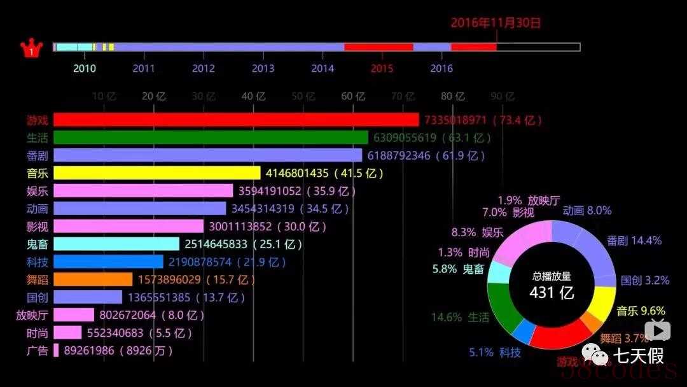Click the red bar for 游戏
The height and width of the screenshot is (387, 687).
235,120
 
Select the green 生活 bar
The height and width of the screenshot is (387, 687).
210,137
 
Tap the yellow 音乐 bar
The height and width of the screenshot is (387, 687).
156,173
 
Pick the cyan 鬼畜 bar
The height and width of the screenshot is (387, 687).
116,244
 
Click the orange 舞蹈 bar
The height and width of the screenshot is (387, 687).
93,279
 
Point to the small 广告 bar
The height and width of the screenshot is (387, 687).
56,350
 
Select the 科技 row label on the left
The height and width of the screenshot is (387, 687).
37,262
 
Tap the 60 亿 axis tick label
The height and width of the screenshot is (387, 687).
353,96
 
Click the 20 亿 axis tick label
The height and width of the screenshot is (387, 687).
153,96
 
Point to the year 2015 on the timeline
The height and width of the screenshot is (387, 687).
382,69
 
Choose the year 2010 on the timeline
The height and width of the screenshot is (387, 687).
85,69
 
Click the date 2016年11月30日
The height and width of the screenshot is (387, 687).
496,23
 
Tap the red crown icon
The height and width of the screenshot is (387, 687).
31,49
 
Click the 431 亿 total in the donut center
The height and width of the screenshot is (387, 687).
552,292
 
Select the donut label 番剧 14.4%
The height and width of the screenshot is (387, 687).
634,241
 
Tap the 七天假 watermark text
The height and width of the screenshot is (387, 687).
638,354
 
